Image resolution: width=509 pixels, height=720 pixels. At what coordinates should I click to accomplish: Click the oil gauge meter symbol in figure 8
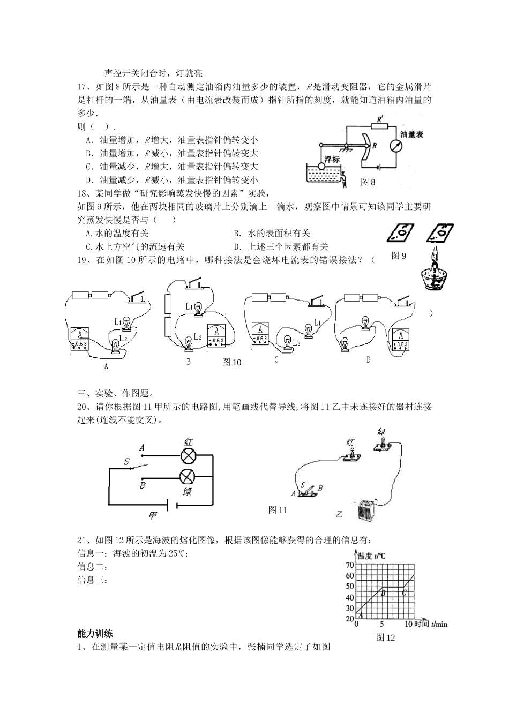pyautogui.click(x=396, y=146)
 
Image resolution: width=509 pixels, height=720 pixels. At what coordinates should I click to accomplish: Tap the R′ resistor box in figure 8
pyautogui.click(x=380, y=126)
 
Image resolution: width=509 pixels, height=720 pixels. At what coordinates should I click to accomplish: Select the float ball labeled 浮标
pyautogui.click(x=321, y=166)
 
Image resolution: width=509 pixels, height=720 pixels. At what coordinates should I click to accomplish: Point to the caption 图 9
pyautogui.click(x=399, y=256)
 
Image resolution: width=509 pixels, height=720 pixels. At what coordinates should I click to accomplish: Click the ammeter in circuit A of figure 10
pyautogui.click(x=80, y=338)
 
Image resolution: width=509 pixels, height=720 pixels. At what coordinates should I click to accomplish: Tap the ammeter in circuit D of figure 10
pyautogui.click(x=400, y=340)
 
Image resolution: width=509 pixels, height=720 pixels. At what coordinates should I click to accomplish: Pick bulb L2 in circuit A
pyautogui.click(x=115, y=347)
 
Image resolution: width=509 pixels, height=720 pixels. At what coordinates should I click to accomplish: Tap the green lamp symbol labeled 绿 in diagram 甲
pyautogui.click(x=188, y=477)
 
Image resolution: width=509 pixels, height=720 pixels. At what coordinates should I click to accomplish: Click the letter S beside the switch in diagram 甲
pyautogui.click(x=126, y=462)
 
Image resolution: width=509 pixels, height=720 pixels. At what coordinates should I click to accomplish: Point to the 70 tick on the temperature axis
pyautogui.click(x=349, y=565)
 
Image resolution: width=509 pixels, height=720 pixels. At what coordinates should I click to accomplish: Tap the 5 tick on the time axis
pyautogui.click(x=381, y=624)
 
